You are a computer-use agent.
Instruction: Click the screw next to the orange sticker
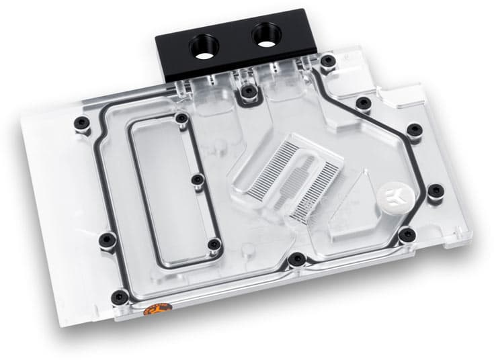[x=120, y=296]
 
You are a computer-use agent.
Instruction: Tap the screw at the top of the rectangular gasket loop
[x=180, y=119]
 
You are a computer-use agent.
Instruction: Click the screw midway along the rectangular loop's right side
[x=196, y=180]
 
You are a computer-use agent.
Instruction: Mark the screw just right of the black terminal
[x=327, y=62]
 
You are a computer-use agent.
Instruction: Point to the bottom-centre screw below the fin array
[x=295, y=259]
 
